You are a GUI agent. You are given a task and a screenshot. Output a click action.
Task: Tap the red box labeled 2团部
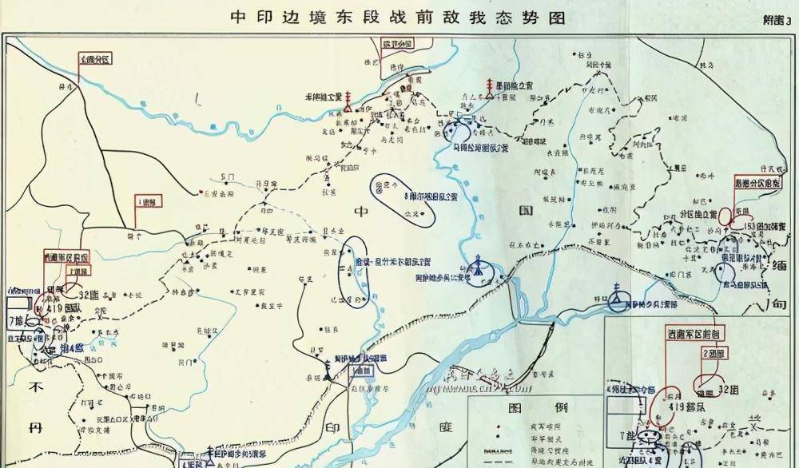coord(714,351)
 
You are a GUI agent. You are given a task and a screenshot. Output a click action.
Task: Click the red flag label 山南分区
coord(95,58)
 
